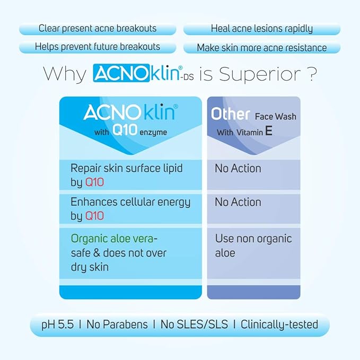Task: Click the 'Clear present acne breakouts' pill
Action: point(98,29)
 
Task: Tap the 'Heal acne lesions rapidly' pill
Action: point(261,29)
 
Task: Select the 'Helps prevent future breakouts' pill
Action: point(98,47)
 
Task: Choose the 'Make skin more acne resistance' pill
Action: point(261,47)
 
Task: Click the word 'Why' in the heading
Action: point(64,74)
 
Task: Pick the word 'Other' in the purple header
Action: point(231,114)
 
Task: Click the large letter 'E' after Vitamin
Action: point(269,131)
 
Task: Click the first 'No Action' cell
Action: point(238,169)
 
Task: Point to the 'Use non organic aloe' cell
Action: point(253,245)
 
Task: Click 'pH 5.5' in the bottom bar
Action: point(59,324)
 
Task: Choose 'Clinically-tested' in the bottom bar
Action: point(279,324)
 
